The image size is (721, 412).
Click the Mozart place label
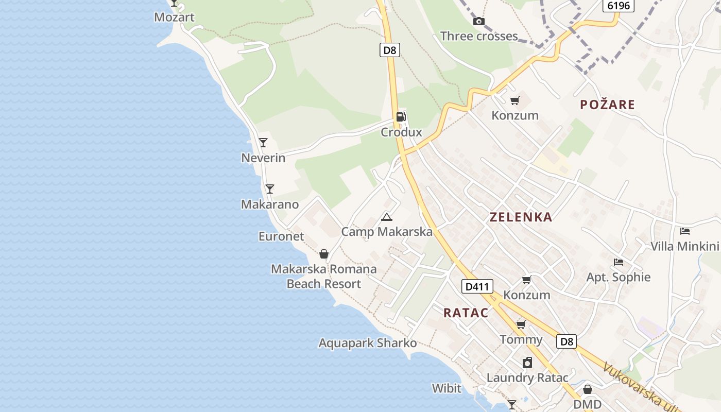click(x=174, y=17)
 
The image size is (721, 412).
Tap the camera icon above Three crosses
click(x=478, y=21)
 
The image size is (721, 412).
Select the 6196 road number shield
click(x=618, y=6)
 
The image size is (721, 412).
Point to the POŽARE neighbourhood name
click(x=607, y=105)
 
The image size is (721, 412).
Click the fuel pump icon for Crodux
click(x=401, y=117)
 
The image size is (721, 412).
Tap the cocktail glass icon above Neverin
click(x=263, y=143)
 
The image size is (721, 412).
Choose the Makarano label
click(x=270, y=204)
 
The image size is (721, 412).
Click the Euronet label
click(x=281, y=236)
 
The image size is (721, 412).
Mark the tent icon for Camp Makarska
click(x=387, y=217)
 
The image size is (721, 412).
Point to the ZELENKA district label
click(x=521, y=217)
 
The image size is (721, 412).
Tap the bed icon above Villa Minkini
click(x=684, y=231)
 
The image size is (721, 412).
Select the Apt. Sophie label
click(x=619, y=277)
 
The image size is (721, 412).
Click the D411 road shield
click(x=477, y=286)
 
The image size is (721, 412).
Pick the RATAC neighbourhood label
click(x=466, y=313)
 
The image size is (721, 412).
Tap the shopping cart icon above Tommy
click(x=521, y=324)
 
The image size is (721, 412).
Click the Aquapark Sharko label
click(x=368, y=343)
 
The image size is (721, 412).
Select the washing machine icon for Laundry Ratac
click(x=527, y=363)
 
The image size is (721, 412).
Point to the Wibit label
click(x=447, y=388)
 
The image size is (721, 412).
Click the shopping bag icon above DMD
click(x=587, y=389)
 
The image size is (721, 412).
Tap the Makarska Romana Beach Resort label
click(x=324, y=277)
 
